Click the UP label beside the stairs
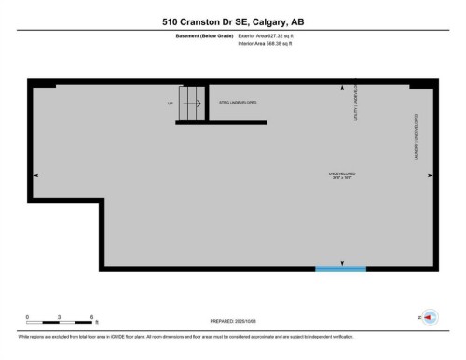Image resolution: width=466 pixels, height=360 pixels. (171, 103)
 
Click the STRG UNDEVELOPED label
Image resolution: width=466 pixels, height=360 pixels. (238, 103)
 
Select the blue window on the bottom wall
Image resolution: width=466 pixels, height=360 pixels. (339, 269)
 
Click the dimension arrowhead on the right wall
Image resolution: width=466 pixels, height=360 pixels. (430, 174)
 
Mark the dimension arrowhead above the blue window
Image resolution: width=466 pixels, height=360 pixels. (343, 261)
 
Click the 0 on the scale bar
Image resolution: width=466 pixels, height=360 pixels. (27, 318)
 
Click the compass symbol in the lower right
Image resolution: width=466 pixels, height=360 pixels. (431, 317)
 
